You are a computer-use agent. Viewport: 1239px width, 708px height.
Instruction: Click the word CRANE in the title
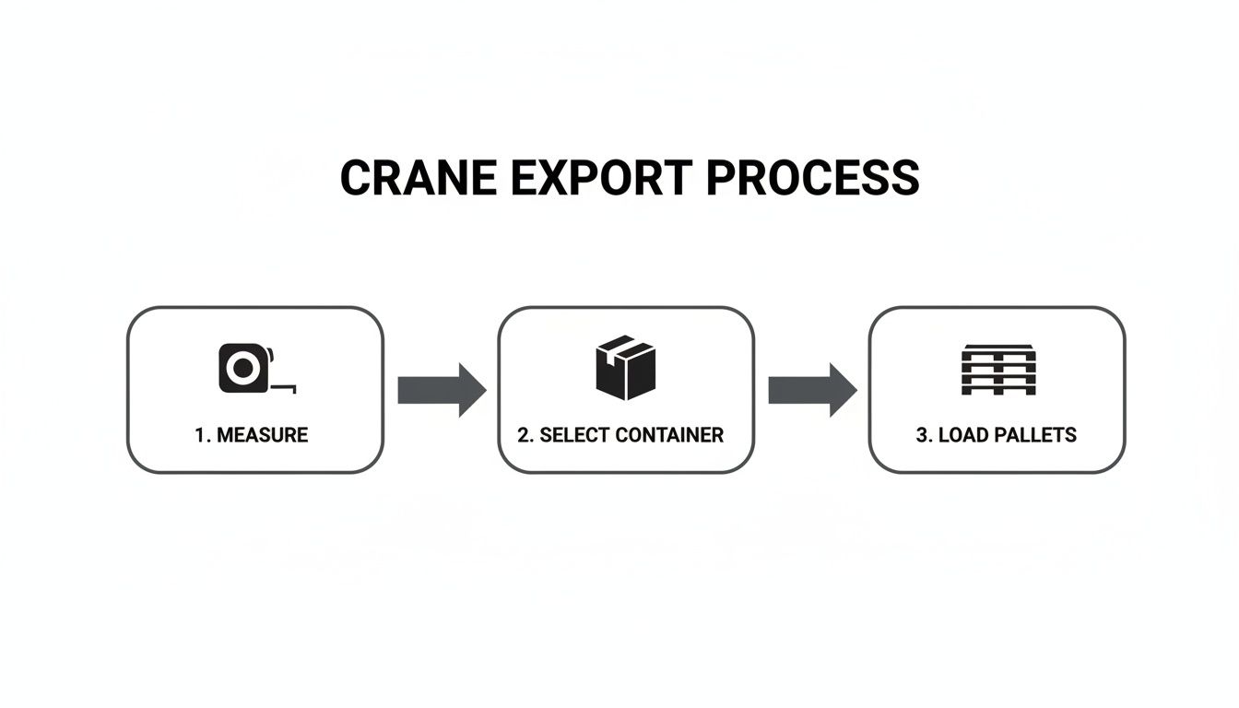click(x=416, y=178)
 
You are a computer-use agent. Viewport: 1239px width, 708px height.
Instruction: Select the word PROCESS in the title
click(x=813, y=178)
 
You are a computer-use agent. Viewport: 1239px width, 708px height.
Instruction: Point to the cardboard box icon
click(x=625, y=367)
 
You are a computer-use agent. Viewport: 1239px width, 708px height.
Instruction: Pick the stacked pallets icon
click(x=997, y=370)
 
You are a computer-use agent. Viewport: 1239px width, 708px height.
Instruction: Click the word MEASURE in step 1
click(x=263, y=435)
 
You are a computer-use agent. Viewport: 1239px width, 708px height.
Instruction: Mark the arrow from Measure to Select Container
click(x=442, y=390)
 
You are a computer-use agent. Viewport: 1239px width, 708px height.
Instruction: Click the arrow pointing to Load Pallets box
click(x=812, y=390)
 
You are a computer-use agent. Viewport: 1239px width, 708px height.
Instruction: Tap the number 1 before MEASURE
click(x=200, y=435)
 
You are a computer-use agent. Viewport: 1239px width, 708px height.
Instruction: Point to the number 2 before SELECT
click(x=525, y=435)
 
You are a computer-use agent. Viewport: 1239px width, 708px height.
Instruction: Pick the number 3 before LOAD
click(x=922, y=435)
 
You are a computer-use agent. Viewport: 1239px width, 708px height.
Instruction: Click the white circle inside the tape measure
click(x=242, y=369)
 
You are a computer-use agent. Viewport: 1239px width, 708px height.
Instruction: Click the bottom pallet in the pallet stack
click(x=997, y=389)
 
